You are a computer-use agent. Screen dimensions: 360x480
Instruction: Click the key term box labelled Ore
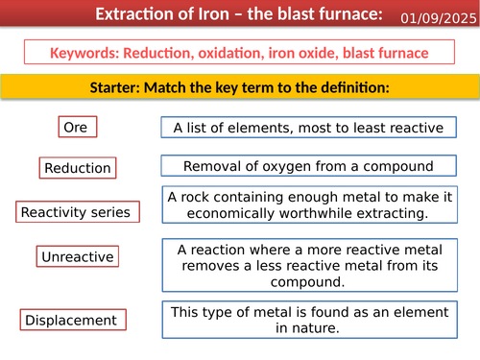(75, 127)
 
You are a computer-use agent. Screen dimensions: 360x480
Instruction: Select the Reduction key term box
(77, 168)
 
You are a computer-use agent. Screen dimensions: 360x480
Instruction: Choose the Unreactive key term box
(77, 256)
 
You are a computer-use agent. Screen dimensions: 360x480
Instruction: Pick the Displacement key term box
(70, 320)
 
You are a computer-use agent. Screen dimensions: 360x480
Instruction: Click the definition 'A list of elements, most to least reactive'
(307, 127)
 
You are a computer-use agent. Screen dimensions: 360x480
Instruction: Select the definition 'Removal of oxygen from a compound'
(307, 165)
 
